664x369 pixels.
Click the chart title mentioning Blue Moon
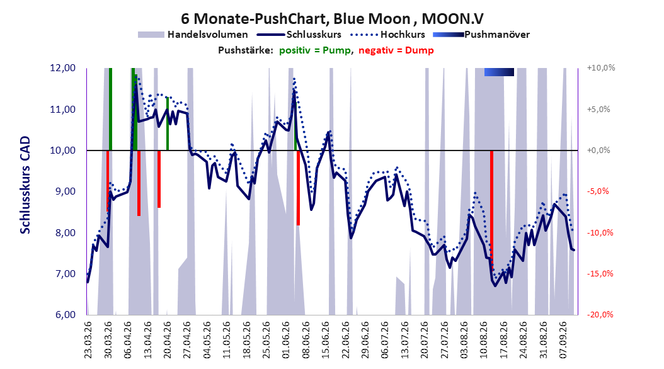[333, 19]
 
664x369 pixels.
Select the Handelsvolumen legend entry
[193, 35]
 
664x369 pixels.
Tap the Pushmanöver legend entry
[481, 35]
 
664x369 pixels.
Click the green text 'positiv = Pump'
[314, 50]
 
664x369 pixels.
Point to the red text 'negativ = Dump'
[396, 50]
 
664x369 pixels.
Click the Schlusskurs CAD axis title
[25, 184]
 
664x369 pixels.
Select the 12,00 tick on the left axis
[62, 68]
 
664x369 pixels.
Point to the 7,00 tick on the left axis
[62, 274]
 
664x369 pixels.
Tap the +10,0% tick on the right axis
[602, 68]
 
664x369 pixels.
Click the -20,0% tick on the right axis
[600, 314]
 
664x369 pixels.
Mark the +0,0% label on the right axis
[598, 150]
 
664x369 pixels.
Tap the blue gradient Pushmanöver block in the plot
[500, 72]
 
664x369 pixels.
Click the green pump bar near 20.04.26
[168, 123]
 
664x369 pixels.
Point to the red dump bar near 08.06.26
[298, 188]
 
